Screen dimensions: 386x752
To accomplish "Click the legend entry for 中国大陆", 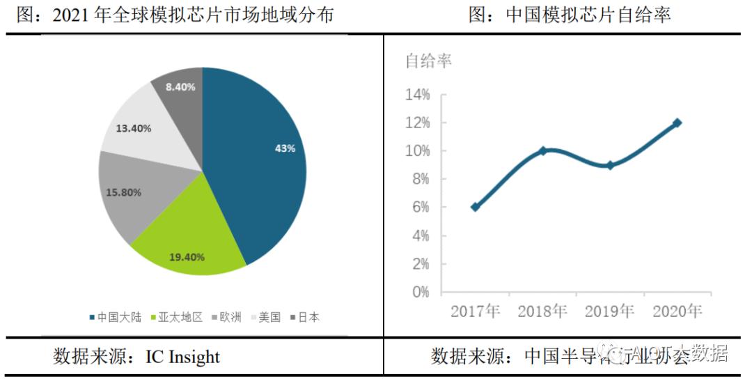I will tap(115, 317).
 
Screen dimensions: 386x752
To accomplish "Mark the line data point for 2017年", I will tap(475, 207).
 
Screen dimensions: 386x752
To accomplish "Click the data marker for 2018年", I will tap(542, 150).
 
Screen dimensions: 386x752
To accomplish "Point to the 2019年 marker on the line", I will tap(610, 165).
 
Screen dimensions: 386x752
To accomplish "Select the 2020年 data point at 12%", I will tap(677, 123).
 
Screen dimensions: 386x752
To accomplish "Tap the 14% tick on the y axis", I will tap(417, 95).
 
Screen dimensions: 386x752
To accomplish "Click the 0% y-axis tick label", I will tap(420, 292).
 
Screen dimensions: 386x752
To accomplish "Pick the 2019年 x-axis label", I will tap(610, 311).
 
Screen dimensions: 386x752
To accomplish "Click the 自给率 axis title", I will tap(429, 61).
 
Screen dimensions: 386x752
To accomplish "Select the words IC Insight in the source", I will tap(182, 357).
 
